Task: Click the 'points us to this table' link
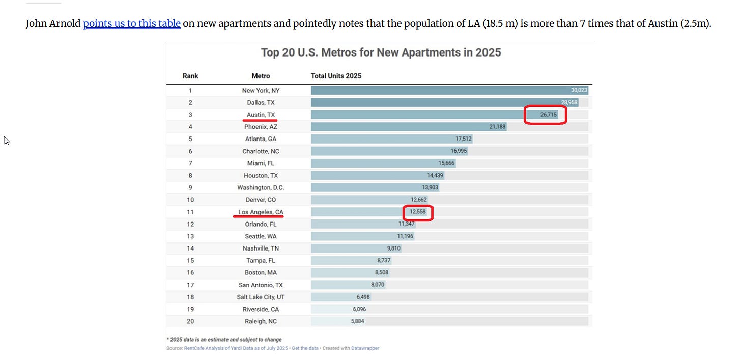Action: (131, 24)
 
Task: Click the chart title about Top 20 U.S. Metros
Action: (381, 52)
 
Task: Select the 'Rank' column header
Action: (190, 76)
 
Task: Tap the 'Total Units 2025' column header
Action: (336, 76)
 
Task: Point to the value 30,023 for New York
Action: (579, 90)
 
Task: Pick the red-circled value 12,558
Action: (418, 212)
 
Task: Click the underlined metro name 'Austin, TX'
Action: (261, 115)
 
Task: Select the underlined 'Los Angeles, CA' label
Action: (261, 212)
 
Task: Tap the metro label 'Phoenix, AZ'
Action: (261, 127)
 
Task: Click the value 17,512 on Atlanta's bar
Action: (463, 139)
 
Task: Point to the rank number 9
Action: (190, 187)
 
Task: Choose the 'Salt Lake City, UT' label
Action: (261, 297)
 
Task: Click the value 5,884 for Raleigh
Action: (357, 321)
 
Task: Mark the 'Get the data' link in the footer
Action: (305, 348)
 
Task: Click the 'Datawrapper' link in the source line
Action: (365, 348)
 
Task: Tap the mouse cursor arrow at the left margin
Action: (6, 141)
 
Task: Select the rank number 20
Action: (190, 321)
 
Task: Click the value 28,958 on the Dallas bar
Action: (569, 102)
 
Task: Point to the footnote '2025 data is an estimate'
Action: (224, 340)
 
